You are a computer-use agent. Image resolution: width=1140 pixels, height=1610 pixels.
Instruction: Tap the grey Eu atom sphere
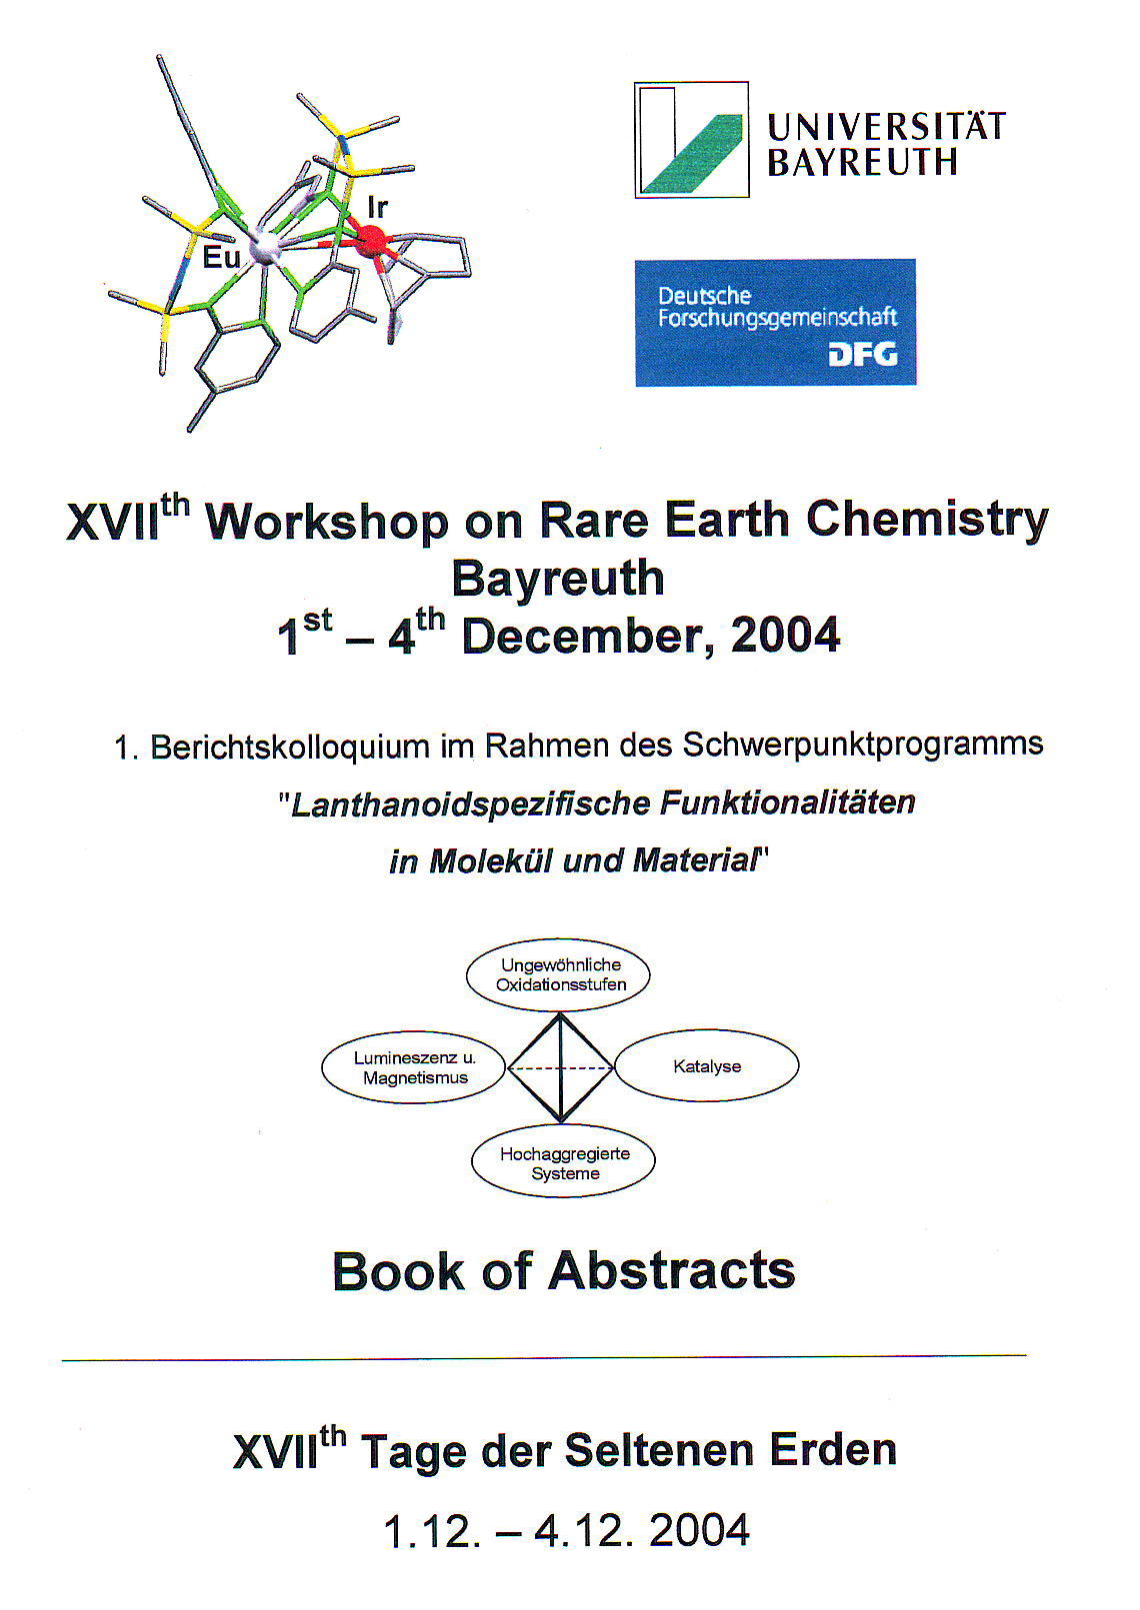pos(264,249)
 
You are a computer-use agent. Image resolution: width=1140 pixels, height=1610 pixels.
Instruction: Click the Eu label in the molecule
pos(221,257)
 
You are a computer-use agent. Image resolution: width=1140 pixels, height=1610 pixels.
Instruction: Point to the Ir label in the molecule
pos(378,208)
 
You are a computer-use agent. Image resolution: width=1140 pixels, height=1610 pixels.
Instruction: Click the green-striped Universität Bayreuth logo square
pos(691,140)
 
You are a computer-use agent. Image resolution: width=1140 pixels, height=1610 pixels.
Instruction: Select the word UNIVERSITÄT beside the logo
pos(886,127)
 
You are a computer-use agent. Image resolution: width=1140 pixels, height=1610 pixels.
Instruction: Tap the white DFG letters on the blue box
pos(863,355)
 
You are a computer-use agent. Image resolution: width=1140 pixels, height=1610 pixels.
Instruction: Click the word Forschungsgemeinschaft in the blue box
pos(778,318)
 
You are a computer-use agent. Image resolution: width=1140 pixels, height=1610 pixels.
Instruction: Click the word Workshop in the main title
pos(327,523)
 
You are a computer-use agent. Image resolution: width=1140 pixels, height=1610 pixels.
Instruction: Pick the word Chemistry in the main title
pos(927,521)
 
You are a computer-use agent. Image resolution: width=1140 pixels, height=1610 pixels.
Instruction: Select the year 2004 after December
pos(785,635)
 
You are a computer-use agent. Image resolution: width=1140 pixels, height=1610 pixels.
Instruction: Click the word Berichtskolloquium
pos(290,747)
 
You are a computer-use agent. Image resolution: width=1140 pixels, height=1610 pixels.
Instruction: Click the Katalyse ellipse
pos(707,1066)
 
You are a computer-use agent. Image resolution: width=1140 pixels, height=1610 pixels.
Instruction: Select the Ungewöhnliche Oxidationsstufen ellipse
pos(558,975)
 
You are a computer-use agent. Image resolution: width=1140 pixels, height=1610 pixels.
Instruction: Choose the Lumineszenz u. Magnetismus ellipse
pos(414,1067)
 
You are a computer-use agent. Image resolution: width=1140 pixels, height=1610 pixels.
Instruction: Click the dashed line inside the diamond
pos(560,1068)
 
